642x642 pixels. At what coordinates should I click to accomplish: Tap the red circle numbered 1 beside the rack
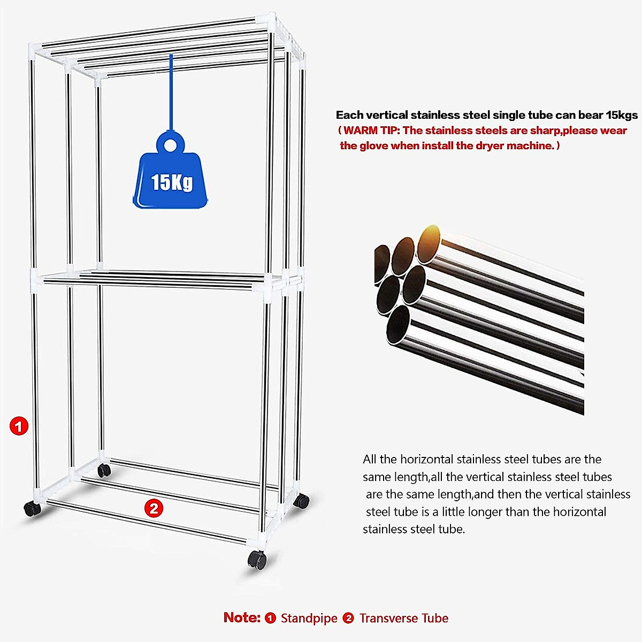pos(19,426)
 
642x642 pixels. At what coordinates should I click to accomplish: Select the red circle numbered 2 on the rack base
pos(154,508)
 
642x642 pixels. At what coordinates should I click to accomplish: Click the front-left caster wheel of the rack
pos(31,509)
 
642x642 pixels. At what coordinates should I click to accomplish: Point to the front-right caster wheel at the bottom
pos(257,560)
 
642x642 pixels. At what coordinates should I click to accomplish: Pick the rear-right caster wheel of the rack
pos(302,501)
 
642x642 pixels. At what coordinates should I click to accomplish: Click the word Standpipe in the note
pos(309,618)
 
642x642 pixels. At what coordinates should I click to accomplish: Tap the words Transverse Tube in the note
pos(403,618)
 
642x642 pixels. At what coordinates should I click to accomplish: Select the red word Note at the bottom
pos(241,617)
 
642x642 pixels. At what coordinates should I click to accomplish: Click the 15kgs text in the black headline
pos(622,114)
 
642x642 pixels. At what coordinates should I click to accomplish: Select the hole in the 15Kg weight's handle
pos(171,145)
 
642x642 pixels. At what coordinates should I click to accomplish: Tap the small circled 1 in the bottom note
pos(271,618)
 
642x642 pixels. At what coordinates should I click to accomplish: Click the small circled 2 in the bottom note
pos(348,618)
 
